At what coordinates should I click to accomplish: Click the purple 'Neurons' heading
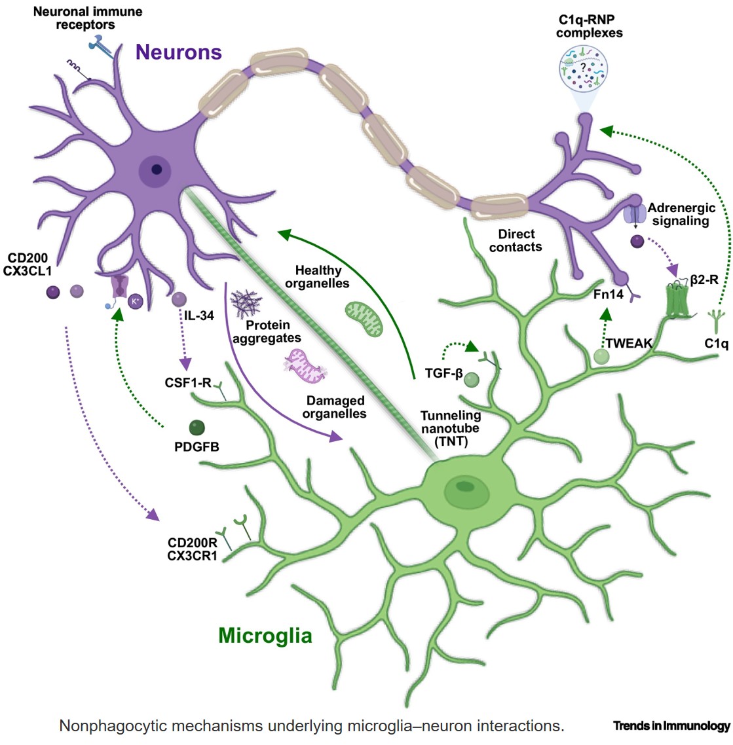pyautogui.click(x=179, y=52)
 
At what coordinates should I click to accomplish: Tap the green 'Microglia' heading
pyautogui.click(x=265, y=635)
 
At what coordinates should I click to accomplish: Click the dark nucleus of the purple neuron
pyautogui.click(x=157, y=170)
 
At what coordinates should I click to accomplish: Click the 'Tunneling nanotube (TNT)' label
pyautogui.click(x=450, y=428)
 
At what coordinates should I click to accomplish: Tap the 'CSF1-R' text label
pyautogui.click(x=188, y=383)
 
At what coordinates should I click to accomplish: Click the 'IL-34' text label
pyautogui.click(x=199, y=316)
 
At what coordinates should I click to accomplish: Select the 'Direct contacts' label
pyautogui.click(x=516, y=240)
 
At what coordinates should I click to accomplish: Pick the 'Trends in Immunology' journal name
pyautogui.click(x=671, y=725)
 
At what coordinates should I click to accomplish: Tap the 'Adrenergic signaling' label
pyautogui.click(x=681, y=214)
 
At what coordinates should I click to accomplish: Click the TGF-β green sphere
pyautogui.click(x=472, y=380)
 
